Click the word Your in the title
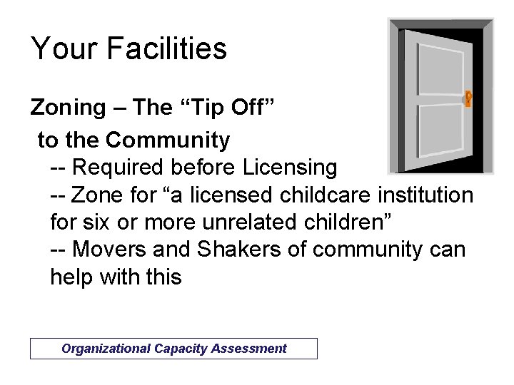coord(63,48)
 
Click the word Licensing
coord(290,168)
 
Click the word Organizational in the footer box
coord(106,349)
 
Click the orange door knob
coord(468,98)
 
